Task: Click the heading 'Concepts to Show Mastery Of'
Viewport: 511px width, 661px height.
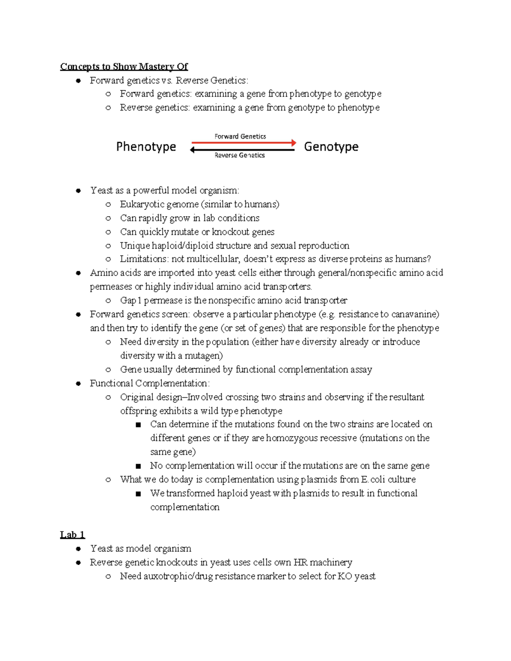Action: point(124,66)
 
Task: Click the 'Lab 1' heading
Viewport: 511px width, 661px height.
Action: point(72,535)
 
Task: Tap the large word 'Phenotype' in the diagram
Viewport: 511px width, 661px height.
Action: point(146,147)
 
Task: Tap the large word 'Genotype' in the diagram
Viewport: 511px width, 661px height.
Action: point(331,147)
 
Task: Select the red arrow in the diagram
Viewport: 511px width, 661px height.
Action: point(244,143)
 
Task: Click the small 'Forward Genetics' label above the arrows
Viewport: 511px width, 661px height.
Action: point(240,136)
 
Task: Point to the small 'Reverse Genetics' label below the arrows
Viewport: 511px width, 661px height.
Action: point(240,155)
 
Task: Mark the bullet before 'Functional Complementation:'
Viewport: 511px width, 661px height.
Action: point(78,383)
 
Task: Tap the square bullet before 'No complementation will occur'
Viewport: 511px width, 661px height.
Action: point(138,466)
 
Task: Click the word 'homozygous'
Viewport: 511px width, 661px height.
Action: point(287,438)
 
